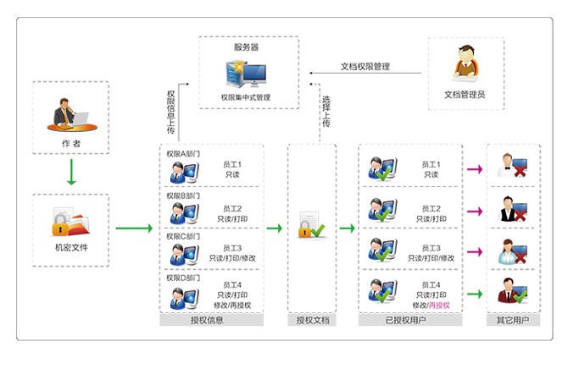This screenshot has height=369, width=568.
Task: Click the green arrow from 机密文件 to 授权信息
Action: [x=134, y=228]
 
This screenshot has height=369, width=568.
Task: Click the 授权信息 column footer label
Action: [x=211, y=321]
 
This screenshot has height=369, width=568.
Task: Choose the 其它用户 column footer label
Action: [x=512, y=321]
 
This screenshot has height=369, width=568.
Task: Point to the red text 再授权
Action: [x=439, y=305]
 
